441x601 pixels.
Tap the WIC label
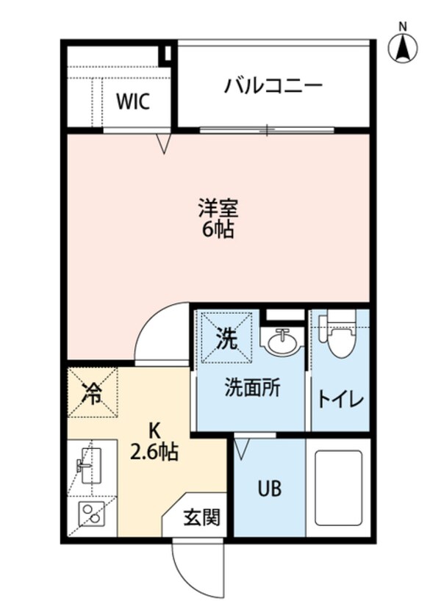pos(133,101)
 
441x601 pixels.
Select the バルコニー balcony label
pos(273,87)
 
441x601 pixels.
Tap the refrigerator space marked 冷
pos(93,392)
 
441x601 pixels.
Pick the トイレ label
pos(340,400)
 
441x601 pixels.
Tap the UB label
pos(268,488)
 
